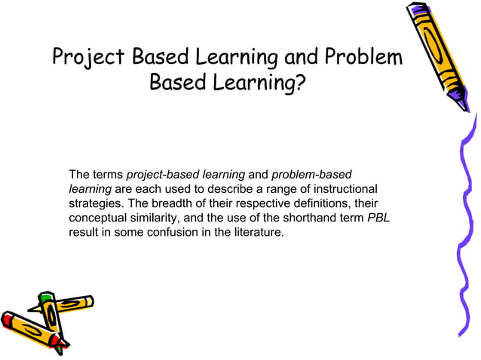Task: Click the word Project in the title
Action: (x=89, y=58)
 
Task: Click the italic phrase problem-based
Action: (x=310, y=175)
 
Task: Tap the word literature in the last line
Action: (x=257, y=233)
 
